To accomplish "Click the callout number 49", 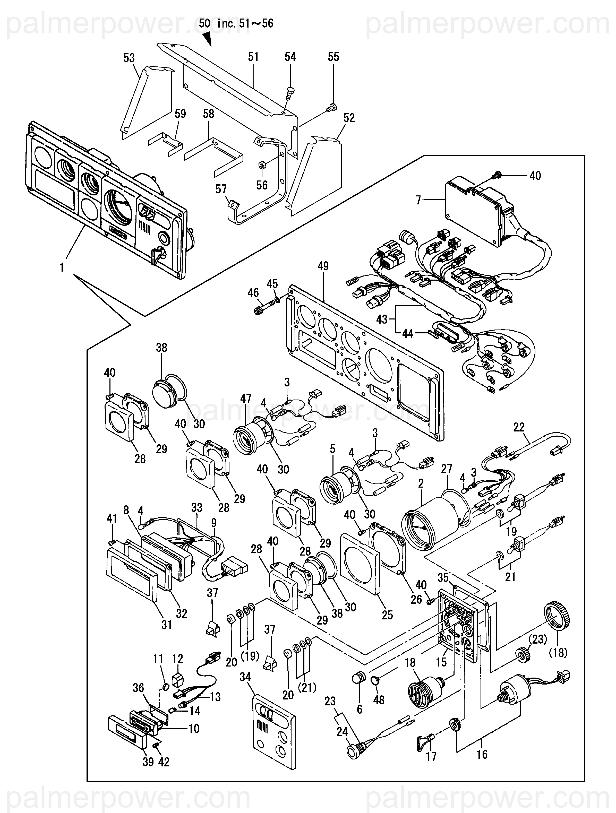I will pyautogui.click(x=323, y=266).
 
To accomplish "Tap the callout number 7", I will pyautogui.click(x=418, y=200).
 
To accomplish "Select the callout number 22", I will pyautogui.click(x=519, y=427).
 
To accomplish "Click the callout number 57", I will pyautogui.click(x=221, y=189).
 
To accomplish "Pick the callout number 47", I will pyautogui.click(x=246, y=399).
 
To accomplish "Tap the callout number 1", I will pyautogui.click(x=62, y=267).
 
